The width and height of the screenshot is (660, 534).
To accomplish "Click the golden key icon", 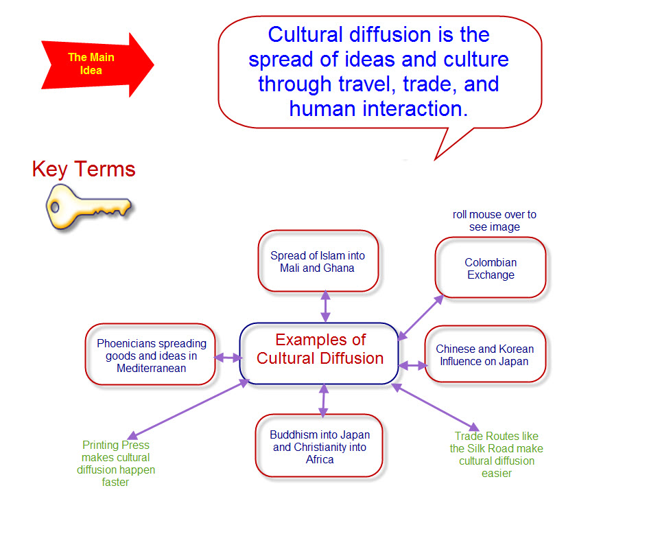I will click(88, 205).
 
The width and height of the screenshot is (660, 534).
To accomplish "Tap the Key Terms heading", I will click(84, 169).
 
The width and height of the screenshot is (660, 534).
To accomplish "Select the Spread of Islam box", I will click(318, 262).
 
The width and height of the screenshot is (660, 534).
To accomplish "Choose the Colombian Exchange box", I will click(491, 268).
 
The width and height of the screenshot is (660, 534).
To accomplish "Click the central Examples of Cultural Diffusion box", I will click(320, 349).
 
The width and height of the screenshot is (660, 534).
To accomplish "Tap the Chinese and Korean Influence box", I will click(484, 355).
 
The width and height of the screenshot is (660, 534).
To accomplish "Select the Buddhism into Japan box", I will click(320, 446).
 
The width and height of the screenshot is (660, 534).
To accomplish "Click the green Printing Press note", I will click(116, 463).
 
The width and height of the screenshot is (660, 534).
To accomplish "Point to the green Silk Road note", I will click(497, 454).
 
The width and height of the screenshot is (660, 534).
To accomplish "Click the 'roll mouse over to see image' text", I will click(494, 220).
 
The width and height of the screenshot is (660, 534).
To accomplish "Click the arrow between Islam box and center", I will click(325, 306).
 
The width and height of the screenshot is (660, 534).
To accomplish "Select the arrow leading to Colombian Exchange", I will click(421, 316).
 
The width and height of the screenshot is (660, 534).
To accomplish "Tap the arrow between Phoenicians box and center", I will click(228, 358).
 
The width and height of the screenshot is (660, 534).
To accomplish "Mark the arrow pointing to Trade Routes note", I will click(436, 407).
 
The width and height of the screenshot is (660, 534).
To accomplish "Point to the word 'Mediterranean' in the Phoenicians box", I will click(151, 368).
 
